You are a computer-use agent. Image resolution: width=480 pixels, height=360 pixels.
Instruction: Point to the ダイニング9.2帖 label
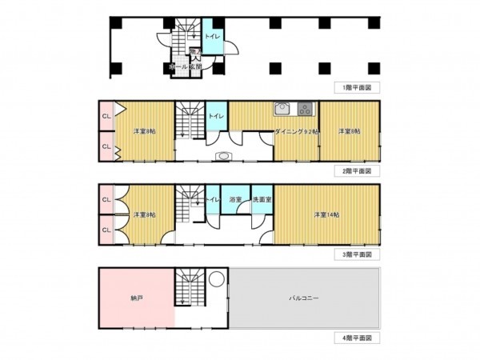[295, 131]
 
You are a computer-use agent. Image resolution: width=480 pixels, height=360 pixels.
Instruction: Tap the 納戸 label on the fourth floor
[135, 297]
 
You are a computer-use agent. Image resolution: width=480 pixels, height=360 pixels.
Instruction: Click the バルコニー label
[304, 298]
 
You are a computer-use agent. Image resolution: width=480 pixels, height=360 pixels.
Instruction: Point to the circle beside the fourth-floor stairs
[216, 281]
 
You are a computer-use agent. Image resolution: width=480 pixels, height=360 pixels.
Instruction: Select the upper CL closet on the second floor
[106, 118]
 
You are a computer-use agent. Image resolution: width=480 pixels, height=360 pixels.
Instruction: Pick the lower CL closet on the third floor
[106, 230]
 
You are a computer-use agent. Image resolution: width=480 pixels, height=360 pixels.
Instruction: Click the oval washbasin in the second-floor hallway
[223, 156]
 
